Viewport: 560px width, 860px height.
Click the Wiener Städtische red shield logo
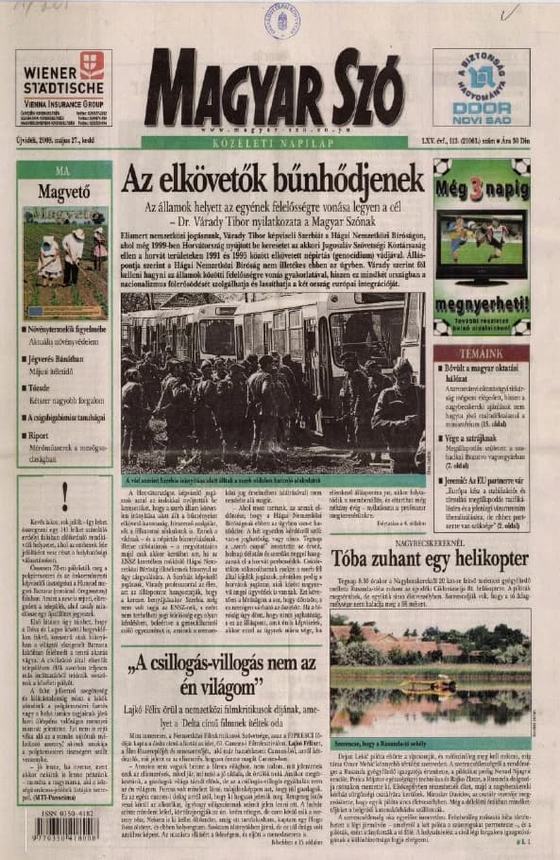click(91, 64)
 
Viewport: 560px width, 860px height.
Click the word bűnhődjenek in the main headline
click(339, 179)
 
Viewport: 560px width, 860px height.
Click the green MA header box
click(63, 171)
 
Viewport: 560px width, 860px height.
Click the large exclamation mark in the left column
click(63, 492)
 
